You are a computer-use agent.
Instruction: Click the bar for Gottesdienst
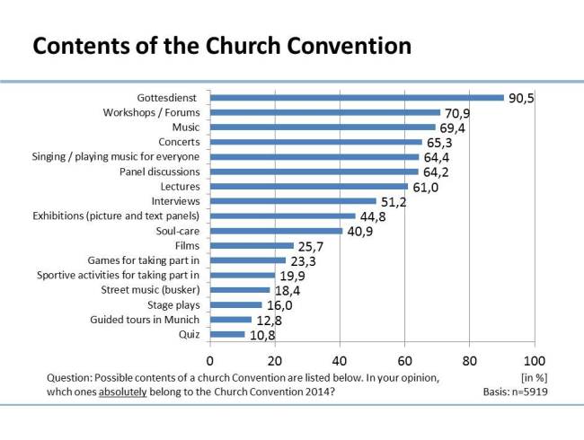(x=357, y=98)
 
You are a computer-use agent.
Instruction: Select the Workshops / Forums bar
(x=325, y=113)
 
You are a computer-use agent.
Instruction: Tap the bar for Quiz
(x=227, y=335)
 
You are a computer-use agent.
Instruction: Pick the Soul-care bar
(x=277, y=231)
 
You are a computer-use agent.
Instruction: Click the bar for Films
(x=252, y=245)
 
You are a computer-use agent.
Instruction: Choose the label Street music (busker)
(x=150, y=289)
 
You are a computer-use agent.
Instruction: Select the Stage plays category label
(x=174, y=304)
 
